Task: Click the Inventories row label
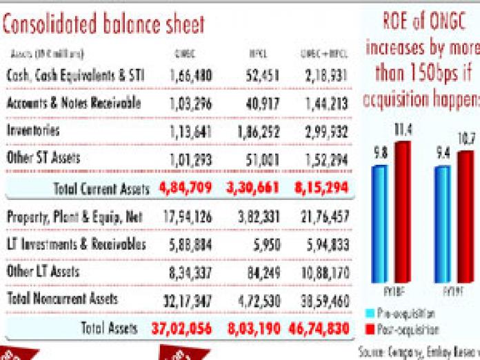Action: click(33, 130)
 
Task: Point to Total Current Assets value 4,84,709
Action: click(188, 187)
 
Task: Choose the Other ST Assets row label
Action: click(43, 158)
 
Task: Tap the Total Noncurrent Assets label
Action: click(62, 299)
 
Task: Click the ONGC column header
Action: click(184, 53)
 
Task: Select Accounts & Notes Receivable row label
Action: click(73, 103)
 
